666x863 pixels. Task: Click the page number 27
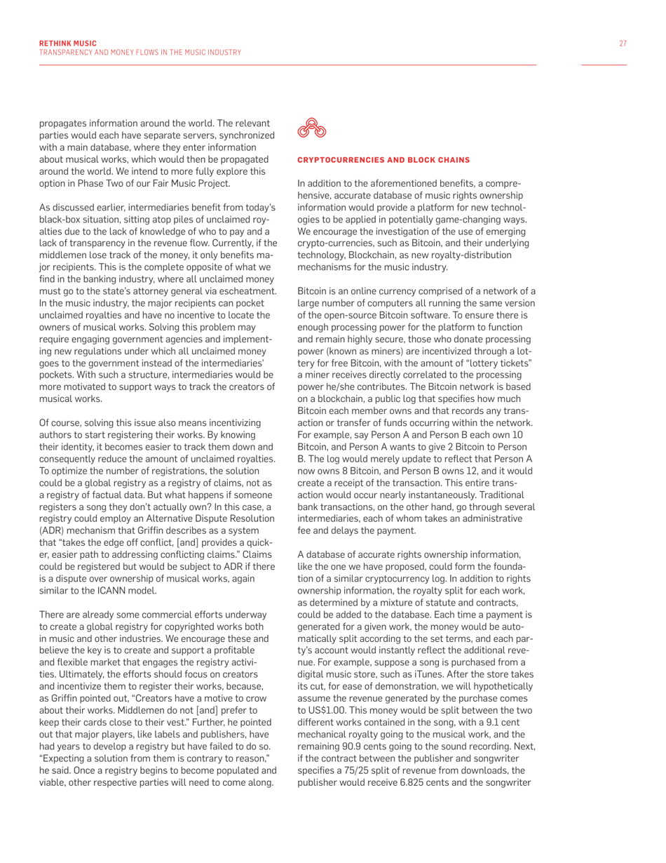tap(623, 44)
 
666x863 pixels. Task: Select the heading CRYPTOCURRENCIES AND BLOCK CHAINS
tap(369, 160)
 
